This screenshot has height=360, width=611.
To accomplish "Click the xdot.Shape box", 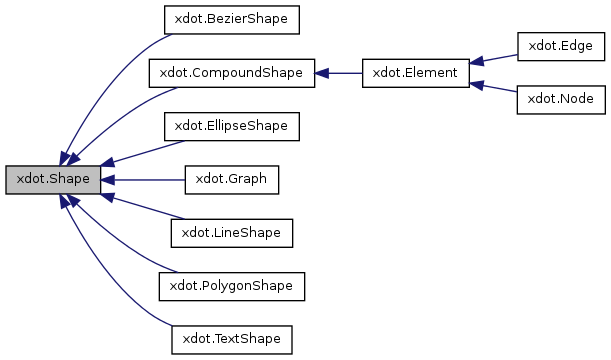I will pyautogui.click(x=53, y=180).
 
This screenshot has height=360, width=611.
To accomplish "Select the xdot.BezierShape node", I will pyautogui.click(x=231, y=19).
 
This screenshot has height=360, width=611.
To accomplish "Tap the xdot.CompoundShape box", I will pyautogui.click(x=231, y=73).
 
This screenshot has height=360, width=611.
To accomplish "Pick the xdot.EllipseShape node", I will pyautogui.click(x=231, y=126).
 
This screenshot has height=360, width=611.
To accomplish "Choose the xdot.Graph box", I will pyautogui.click(x=231, y=180).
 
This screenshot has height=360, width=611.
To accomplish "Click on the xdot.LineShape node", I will pyautogui.click(x=231, y=233).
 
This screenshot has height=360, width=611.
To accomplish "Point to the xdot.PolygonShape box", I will pyautogui.click(x=231, y=287).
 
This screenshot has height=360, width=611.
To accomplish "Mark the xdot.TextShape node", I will pyautogui.click(x=231, y=340).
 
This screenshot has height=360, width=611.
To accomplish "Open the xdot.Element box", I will pyautogui.click(x=415, y=73).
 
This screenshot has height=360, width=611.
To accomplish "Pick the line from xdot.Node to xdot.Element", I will pyautogui.click(x=497, y=90).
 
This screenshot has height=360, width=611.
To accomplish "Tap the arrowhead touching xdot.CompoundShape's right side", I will pyautogui.click(x=322, y=73).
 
